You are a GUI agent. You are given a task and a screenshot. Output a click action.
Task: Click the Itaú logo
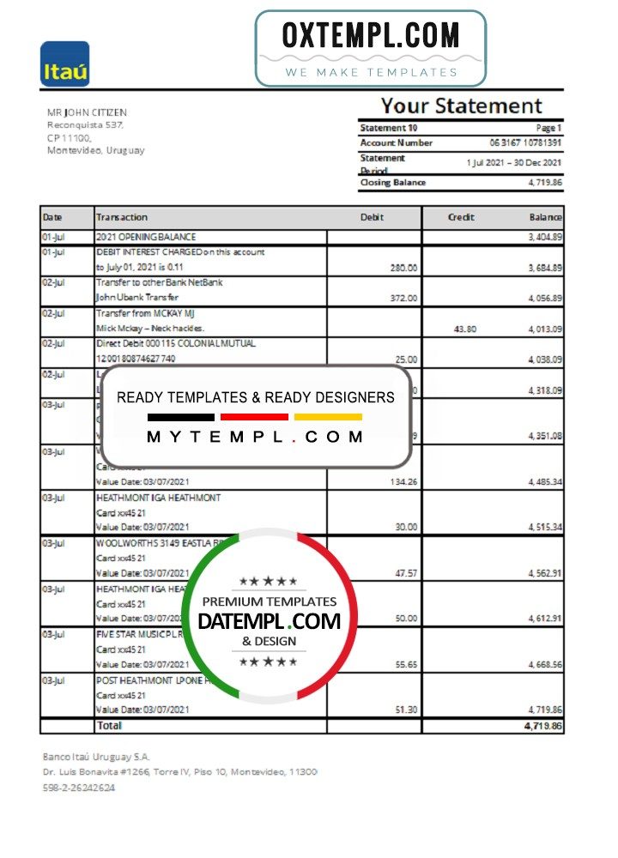coord(64,64)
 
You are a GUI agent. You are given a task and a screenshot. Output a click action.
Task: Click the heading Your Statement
coord(461,106)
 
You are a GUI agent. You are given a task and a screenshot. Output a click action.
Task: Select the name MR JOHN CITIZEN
coord(87,112)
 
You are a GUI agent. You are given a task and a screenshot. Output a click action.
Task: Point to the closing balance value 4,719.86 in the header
coord(544,182)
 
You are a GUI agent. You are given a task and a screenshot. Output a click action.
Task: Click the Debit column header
coord(372,217)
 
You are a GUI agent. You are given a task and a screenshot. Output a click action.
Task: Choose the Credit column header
coord(461,217)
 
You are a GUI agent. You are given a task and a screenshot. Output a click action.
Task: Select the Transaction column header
coord(122,217)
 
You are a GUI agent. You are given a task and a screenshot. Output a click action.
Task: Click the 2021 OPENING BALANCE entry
coord(146,237)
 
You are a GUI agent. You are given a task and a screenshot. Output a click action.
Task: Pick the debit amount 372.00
coord(403,298)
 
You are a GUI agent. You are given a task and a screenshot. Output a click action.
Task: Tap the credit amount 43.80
coord(464,329)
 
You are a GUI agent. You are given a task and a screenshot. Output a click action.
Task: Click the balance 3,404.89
coord(545,237)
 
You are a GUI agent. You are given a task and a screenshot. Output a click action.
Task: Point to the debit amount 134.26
coord(403,482)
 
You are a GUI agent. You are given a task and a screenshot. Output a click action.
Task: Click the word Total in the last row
coord(109,725)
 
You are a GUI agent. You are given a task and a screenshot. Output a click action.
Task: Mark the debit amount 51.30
coord(404,710)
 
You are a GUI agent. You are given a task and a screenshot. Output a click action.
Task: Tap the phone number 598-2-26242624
coord(79,788)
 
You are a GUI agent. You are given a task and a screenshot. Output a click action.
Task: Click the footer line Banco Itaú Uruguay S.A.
coord(96,757)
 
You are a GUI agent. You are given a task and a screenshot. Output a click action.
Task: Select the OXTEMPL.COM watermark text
coord(370,35)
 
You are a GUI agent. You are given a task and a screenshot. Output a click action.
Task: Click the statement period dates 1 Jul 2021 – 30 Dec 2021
coord(514,162)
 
